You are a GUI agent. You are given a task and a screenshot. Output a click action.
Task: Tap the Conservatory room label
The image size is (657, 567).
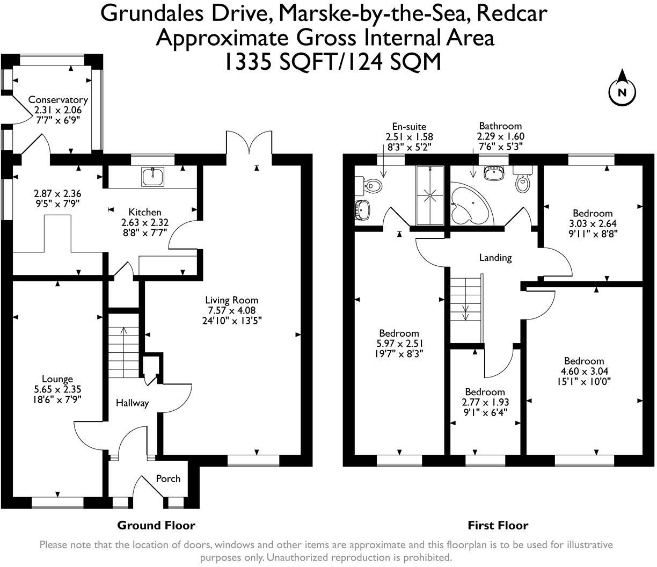pos(57,100)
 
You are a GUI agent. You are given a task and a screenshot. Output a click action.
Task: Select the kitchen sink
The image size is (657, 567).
pos(153,176)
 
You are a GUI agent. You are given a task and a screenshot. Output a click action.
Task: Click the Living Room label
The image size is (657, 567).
pos(232,300)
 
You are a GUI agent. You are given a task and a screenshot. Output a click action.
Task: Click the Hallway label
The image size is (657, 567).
pos(132,403)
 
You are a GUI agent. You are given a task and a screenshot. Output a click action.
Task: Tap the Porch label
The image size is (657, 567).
pos(168,478)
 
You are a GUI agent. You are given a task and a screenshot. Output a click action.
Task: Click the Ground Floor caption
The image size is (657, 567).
pos(156,525)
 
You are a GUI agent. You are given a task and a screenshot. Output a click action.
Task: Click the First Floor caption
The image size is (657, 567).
pos(498,525)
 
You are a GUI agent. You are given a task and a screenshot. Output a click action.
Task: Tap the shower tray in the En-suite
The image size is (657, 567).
pos(430,195)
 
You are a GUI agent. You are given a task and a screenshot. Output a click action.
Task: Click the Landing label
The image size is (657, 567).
pos(495,258)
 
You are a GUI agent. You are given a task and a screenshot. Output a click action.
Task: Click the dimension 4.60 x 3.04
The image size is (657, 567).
pos(584,371)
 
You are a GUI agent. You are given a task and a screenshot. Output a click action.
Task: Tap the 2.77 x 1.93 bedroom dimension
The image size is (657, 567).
pos(485,402)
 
